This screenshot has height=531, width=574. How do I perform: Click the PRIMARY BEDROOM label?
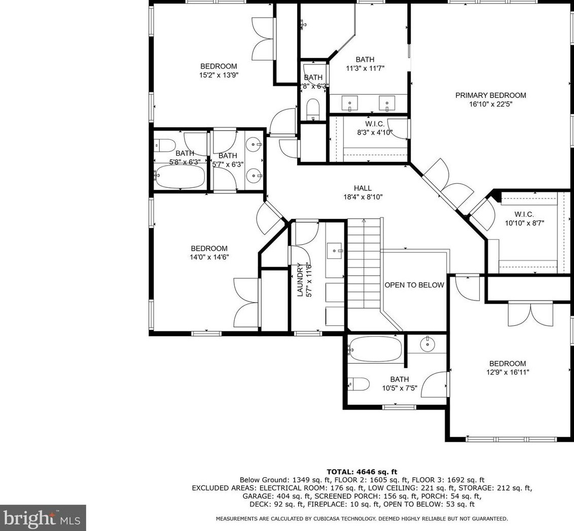pos(490,95)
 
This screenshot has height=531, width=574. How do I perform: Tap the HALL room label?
pos(363,188)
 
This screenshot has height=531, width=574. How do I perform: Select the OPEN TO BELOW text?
pos(414,285)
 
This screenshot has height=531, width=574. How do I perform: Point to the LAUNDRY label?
pos(300,280)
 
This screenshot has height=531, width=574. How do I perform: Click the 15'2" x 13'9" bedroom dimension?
pos(219,75)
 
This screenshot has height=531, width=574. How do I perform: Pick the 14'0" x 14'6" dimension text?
pos(209,257)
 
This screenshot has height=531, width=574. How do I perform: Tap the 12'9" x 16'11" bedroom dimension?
pos(508,372)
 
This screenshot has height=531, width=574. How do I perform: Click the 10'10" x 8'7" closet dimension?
pos(524,223)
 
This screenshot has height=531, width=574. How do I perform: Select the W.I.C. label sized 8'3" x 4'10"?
pos(375,124)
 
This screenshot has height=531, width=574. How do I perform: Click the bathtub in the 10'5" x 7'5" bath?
pos(376,350)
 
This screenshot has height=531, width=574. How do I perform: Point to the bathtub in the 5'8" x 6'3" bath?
pos(180,177)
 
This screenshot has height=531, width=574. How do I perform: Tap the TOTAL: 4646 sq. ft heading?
pos(362,472)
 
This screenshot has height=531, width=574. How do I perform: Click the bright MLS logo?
pos(43,518)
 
